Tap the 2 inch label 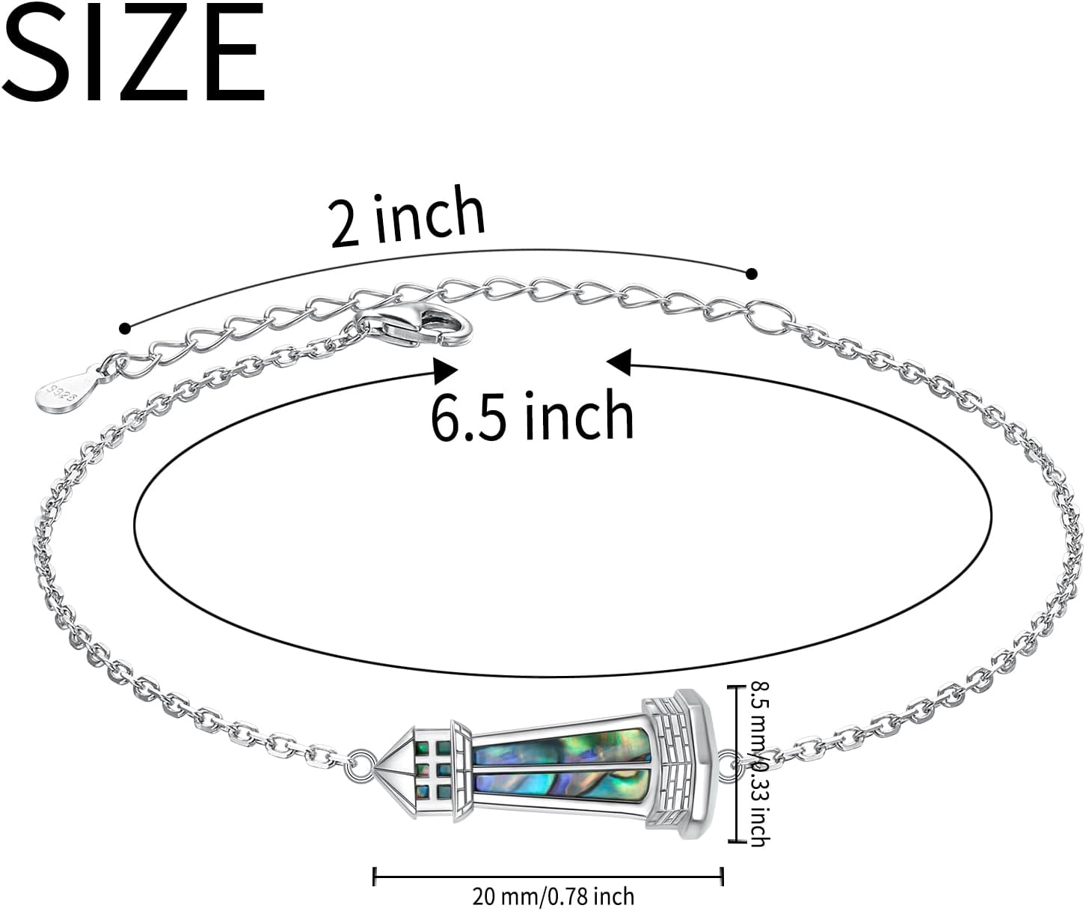click(x=408, y=217)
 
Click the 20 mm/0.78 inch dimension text click(x=553, y=896)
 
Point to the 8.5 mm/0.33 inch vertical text click(x=758, y=764)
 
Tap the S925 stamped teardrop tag click(x=66, y=391)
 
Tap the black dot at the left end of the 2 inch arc click(x=125, y=328)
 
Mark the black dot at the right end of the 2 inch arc click(x=752, y=274)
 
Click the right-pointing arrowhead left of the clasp click(x=446, y=370)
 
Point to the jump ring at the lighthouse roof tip click(x=363, y=762)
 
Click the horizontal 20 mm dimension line click(x=547, y=875)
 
